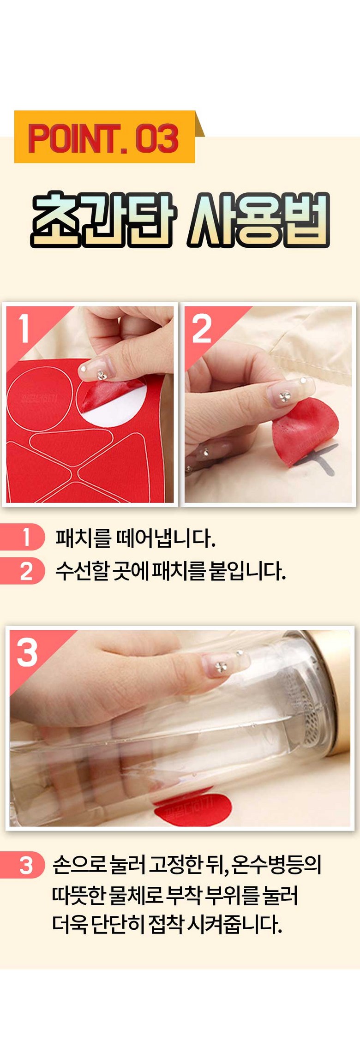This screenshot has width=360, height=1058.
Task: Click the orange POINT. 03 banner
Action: pos(105,137)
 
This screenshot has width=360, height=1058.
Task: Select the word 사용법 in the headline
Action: pos(258,220)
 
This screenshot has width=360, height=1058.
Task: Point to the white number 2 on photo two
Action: pos(202,329)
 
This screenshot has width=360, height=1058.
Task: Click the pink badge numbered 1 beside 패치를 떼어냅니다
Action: pos(23,537)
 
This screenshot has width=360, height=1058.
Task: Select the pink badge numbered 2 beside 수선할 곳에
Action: pos(23,571)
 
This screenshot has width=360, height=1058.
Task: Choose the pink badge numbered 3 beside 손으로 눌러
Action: pos(23,865)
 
